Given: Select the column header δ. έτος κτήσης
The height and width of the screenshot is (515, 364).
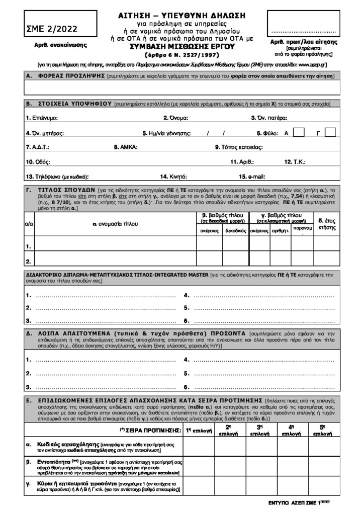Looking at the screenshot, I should tap(327, 224).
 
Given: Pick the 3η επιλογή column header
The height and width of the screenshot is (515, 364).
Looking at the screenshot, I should tap(258, 429).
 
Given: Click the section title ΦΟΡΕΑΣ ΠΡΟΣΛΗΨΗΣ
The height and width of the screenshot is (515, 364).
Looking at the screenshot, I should tap(70, 76).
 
